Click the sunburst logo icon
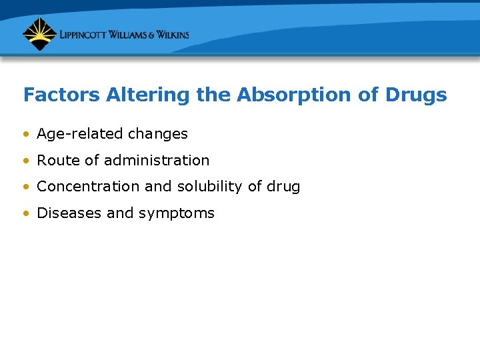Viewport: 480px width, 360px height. click(x=39, y=34)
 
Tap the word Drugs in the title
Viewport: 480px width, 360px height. click(x=416, y=95)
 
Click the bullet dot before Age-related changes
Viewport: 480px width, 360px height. click(x=25, y=134)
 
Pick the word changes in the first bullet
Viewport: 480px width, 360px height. click(x=158, y=134)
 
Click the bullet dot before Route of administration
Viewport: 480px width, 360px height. click(x=25, y=161)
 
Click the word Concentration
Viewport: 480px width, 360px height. click(x=89, y=187)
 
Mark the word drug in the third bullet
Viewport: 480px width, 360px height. click(x=283, y=187)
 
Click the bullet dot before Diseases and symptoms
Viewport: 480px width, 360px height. click(x=25, y=213)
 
